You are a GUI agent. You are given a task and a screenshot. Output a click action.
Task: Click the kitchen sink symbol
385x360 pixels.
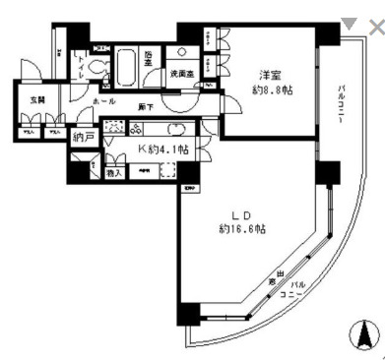[x=177, y=129]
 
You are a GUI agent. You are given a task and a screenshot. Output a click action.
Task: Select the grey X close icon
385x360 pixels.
[x=375, y=27]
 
